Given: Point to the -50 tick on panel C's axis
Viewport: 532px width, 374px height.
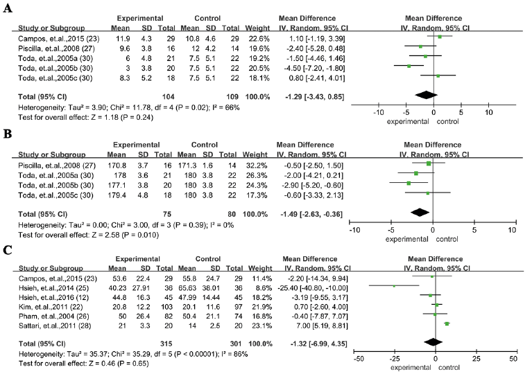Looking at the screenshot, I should pyautogui.click(x=359, y=360).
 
